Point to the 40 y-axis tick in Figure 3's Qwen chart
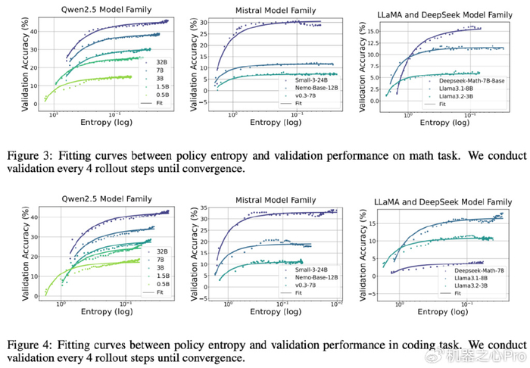point(39,30)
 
